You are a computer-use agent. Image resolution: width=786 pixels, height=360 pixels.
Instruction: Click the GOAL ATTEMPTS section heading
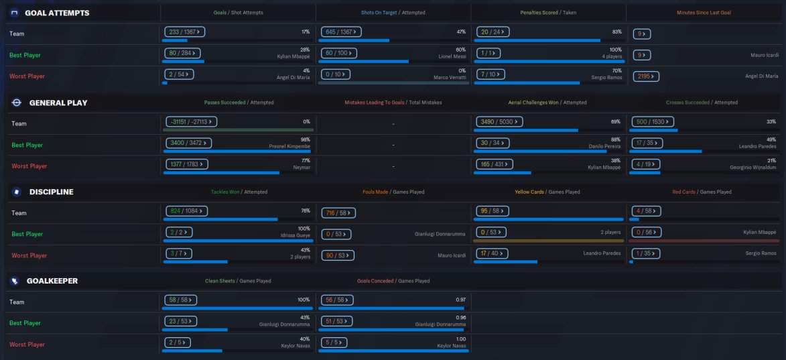56,13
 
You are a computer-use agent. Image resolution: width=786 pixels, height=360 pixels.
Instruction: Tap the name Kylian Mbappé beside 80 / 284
293,57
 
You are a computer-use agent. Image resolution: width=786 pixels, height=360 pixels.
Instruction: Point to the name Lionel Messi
452,57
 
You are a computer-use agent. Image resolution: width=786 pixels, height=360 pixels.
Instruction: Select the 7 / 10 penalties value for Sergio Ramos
497,74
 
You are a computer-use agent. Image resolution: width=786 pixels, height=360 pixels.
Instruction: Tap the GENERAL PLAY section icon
17,103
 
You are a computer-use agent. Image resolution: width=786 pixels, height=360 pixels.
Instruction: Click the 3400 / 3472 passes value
188,143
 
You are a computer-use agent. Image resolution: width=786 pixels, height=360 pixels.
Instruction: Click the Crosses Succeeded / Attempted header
702,103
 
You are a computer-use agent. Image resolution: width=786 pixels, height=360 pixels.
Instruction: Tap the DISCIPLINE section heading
51,192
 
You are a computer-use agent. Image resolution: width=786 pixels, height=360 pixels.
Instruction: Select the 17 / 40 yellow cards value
492,253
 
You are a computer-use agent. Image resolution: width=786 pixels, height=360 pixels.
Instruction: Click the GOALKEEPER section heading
52,281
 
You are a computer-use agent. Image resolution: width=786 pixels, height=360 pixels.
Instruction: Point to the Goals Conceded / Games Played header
393,281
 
